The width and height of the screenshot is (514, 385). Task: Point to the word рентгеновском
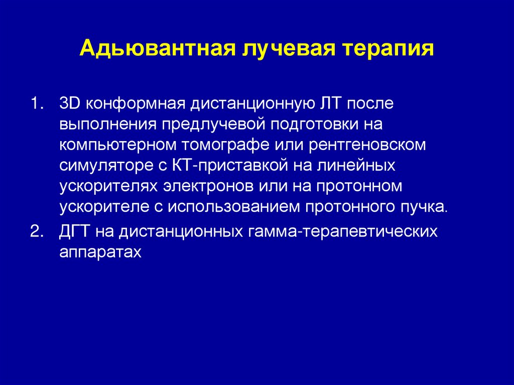click(370, 145)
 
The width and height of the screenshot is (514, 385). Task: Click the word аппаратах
click(100, 252)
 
